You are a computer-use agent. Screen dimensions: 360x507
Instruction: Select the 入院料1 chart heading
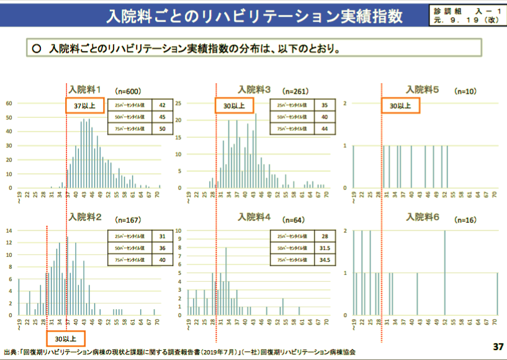[85, 89]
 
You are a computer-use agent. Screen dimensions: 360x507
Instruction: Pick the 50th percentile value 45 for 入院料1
[162, 117]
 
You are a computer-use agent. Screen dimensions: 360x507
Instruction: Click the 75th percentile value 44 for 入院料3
[324, 128]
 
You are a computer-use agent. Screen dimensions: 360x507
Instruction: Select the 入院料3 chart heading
[255, 89]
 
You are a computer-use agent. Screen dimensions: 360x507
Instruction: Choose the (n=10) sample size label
[465, 91]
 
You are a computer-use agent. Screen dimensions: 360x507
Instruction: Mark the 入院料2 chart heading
[85, 217]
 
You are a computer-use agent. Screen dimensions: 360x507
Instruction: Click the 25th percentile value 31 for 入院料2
[162, 236]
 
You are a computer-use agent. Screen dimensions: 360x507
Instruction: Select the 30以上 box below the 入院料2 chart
[65, 339]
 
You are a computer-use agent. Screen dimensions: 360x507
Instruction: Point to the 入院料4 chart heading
[255, 217]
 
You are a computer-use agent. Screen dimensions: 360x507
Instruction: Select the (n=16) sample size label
[465, 220]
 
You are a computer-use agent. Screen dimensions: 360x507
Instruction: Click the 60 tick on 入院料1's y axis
[9, 103]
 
